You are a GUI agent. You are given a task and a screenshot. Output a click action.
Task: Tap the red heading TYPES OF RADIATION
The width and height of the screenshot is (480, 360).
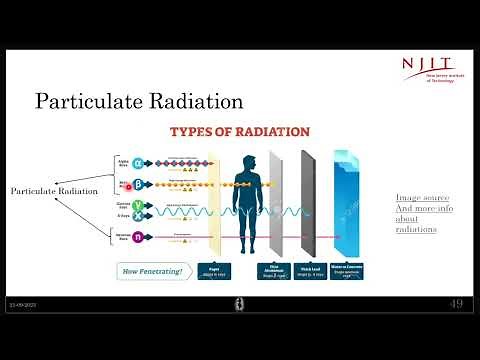coord(240,132)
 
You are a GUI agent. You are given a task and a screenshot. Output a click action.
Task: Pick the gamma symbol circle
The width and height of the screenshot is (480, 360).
coord(137,205)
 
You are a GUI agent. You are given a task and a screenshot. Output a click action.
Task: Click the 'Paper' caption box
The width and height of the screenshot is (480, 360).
coord(211,270)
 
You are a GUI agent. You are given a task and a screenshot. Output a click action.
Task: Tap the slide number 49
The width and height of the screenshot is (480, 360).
coord(455,304)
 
